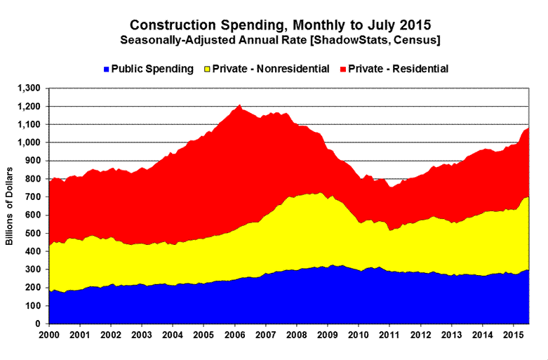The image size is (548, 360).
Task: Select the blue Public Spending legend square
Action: tap(106, 69)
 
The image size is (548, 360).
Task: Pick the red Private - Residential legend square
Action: tap(343, 69)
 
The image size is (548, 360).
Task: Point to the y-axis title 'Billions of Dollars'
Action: tap(10, 206)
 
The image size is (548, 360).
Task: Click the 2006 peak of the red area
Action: tap(240, 106)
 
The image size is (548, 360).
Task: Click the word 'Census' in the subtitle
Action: tap(417, 41)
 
